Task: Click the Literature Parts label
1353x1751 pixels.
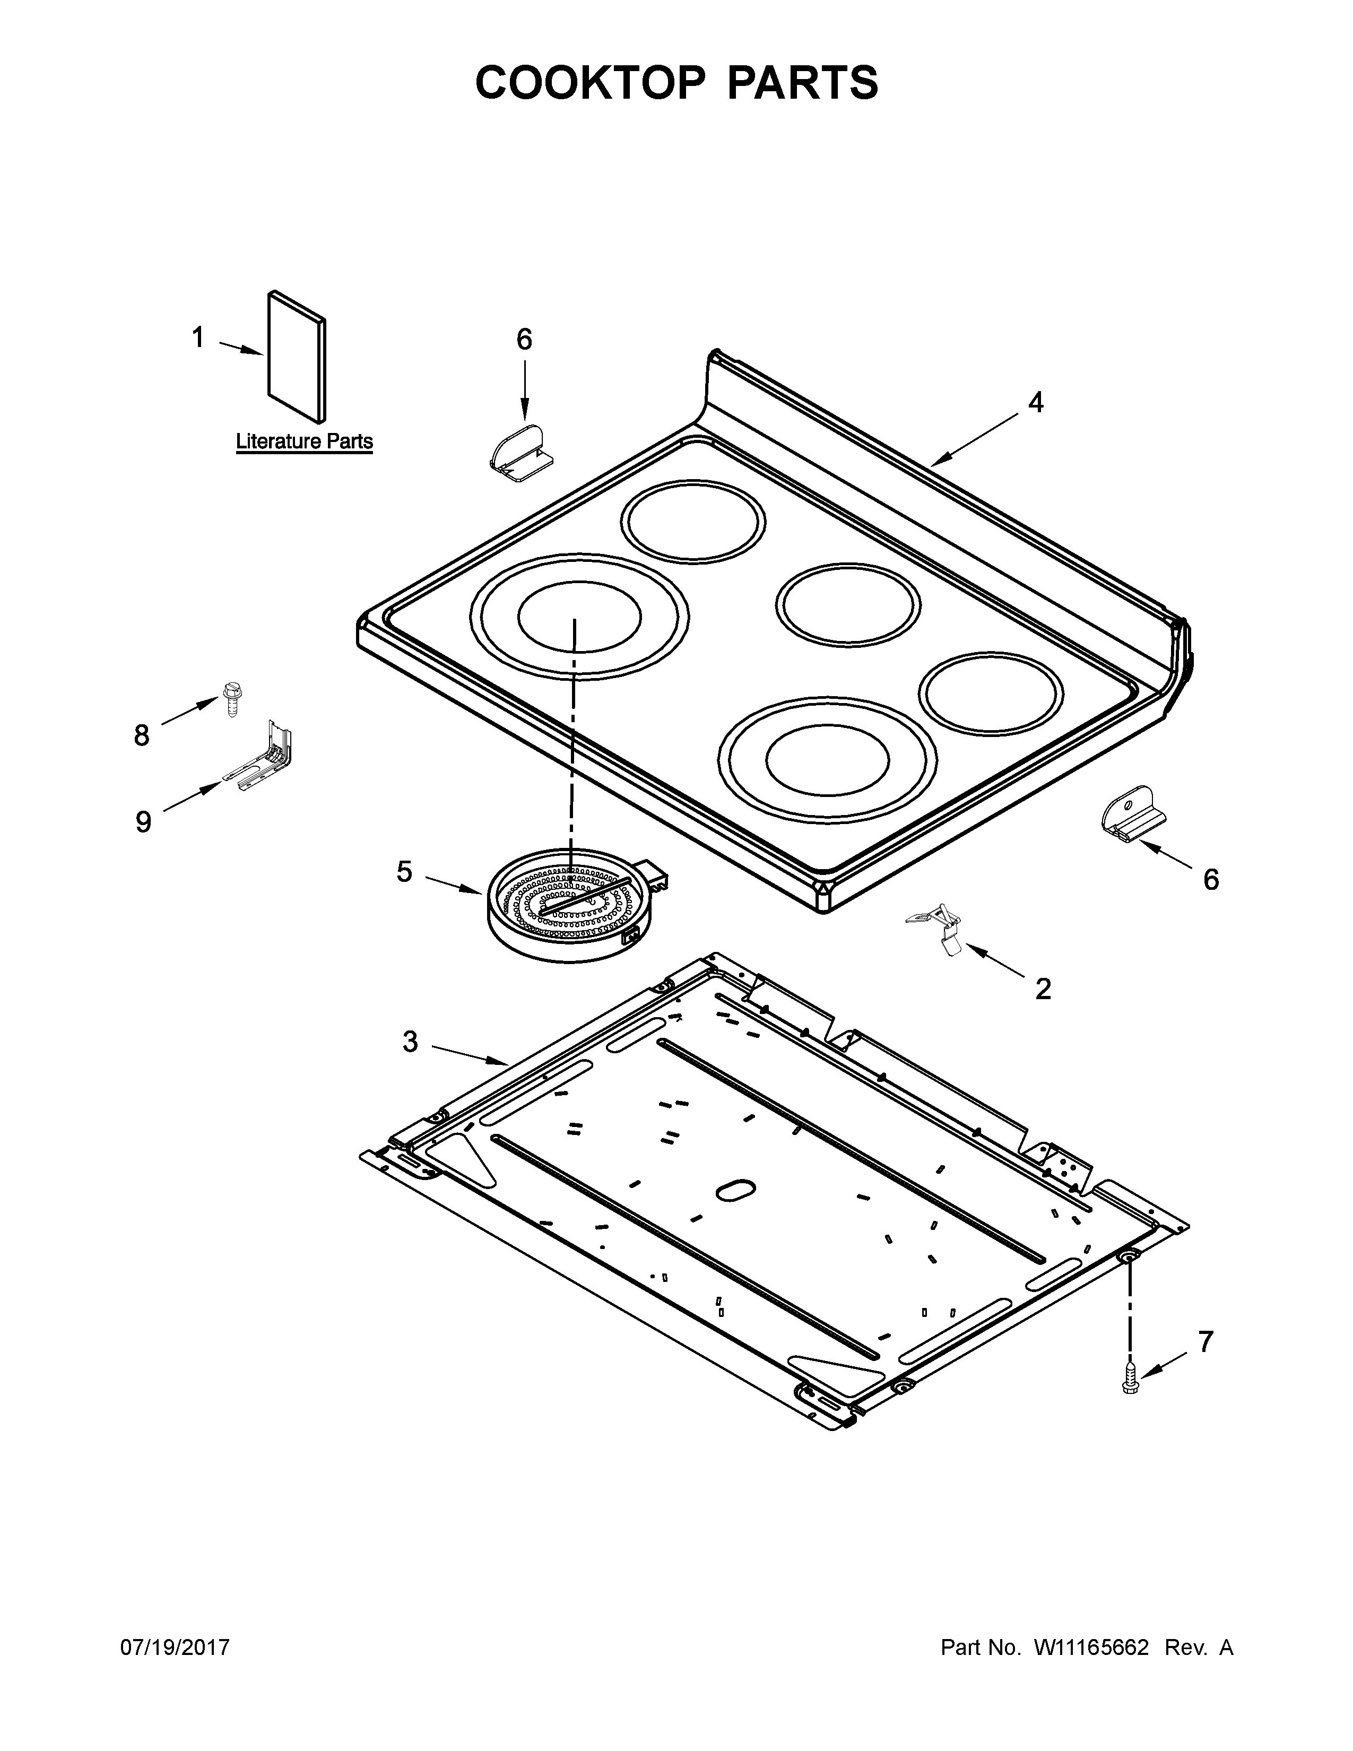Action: (x=304, y=441)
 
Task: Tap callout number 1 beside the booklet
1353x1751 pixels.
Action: (x=198, y=337)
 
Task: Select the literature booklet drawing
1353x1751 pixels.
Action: (x=297, y=356)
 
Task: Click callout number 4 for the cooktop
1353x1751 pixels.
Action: (x=1036, y=403)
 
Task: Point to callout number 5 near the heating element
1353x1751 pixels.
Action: (x=405, y=871)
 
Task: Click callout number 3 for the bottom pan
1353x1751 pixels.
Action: (x=410, y=1042)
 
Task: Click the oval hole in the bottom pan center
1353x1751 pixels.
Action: (x=735, y=1212)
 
